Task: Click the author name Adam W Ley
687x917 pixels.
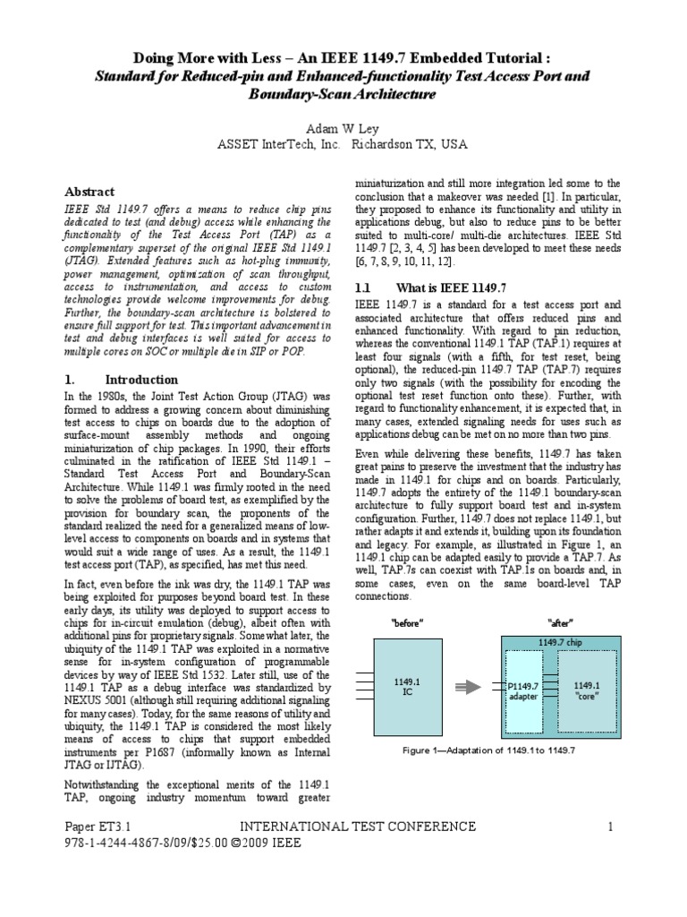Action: click(x=343, y=128)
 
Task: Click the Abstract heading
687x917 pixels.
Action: click(x=90, y=192)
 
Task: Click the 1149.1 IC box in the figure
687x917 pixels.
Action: click(x=407, y=687)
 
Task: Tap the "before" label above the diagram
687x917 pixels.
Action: click(x=407, y=622)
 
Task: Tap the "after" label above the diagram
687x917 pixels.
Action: click(x=560, y=622)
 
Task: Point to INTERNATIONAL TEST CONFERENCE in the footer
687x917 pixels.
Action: click(x=355, y=826)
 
